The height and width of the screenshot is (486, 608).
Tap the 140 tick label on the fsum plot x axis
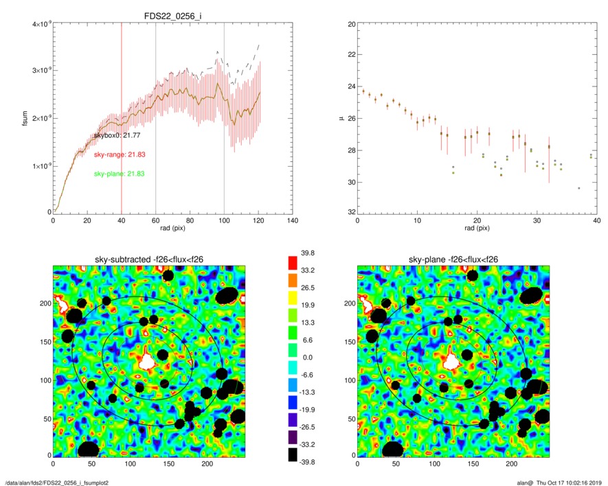tap(292, 222)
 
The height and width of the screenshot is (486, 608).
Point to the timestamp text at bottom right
tap(560, 480)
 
